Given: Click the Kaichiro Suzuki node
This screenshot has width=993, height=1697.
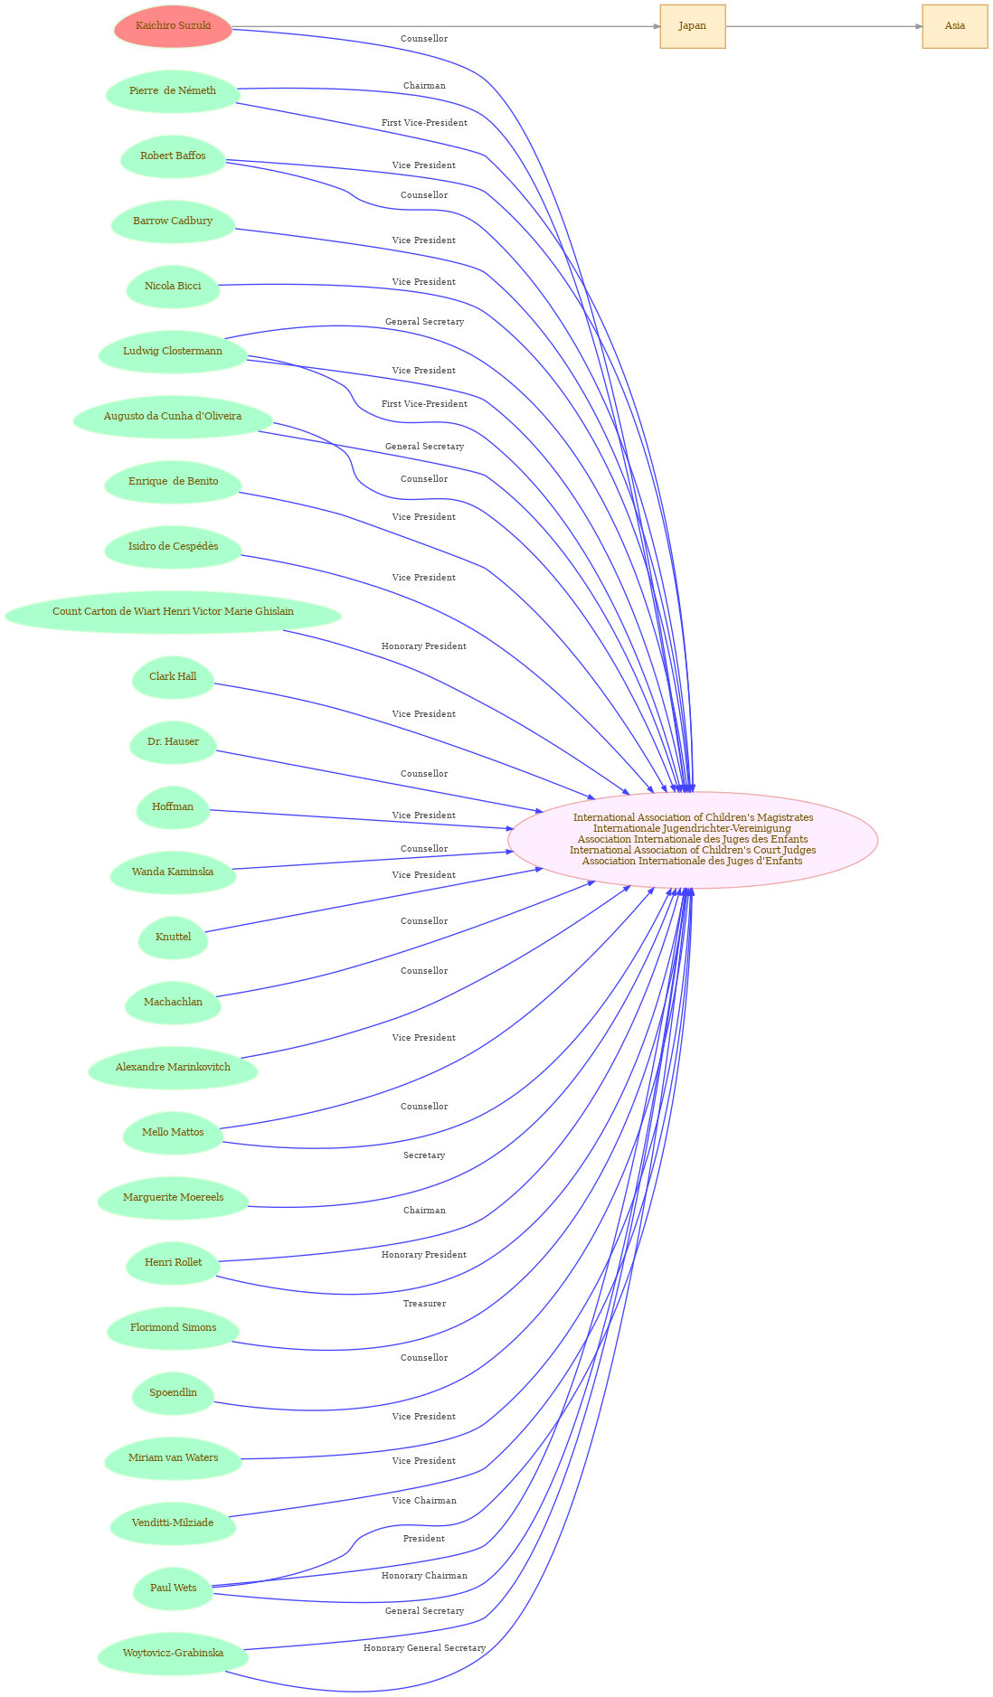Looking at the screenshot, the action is [x=173, y=26].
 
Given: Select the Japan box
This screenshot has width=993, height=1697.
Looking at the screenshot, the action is [x=693, y=26].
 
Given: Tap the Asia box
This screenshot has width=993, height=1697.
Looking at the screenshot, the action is [x=955, y=26].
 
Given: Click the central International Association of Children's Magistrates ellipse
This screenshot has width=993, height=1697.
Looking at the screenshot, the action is [x=693, y=840].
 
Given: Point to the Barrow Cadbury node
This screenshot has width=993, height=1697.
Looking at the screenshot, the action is [x=173, y=222].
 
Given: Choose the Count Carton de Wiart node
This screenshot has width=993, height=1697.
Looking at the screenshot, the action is [x=173, y=612].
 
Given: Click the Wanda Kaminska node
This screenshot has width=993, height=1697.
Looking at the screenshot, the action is [x=173, y=872].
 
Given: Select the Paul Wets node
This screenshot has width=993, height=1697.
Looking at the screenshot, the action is [x=173, y=1589].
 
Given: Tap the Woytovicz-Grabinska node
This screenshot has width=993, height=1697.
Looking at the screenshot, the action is [x=173, y=1654].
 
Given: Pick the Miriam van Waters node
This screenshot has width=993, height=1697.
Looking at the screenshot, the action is [x=173, y=1458].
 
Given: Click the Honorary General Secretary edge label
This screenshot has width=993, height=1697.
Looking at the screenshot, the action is [x=424, y=1648].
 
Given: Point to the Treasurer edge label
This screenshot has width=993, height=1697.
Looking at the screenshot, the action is [x=424, y=1304].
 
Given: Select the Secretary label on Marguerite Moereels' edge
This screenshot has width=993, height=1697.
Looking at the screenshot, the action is [x=424, y=1155].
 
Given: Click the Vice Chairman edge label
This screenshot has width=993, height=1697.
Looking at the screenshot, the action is [x=424, y=1501].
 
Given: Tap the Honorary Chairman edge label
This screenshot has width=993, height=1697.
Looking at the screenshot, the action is [x=424, y=1576].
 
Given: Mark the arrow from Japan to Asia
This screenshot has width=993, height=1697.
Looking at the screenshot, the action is [x=824, y=26].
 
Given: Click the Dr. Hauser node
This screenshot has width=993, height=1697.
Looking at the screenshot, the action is [x=173, y=742].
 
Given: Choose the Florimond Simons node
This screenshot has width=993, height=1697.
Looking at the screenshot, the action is [x=173, y=1328].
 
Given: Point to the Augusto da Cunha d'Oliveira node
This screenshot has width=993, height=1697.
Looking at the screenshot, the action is [x=173, y=417].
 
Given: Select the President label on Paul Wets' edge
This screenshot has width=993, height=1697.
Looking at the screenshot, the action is [x=424, y=1539].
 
